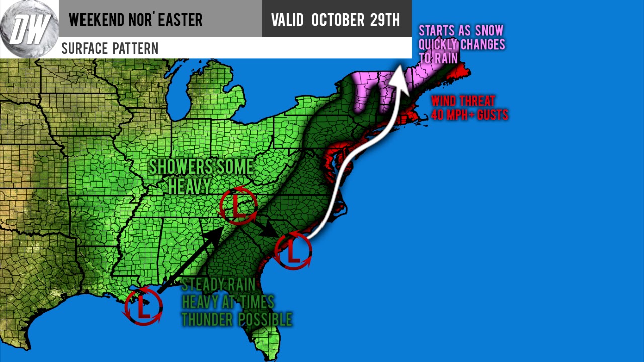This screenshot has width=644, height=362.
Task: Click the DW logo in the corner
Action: pos(29,29)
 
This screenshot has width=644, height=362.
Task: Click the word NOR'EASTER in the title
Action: pos(169,20)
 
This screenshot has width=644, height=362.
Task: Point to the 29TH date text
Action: pos(386,20)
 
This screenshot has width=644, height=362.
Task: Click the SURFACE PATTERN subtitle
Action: pos(110,48)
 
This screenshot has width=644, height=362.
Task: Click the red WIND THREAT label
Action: pos(463,101)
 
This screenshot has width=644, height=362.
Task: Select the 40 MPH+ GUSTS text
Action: pos(469,115)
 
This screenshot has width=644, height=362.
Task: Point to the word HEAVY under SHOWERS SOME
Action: pos(189,186)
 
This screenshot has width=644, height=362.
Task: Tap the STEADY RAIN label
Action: pos(218,284)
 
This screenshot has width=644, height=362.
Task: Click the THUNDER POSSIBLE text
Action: pos(236,319)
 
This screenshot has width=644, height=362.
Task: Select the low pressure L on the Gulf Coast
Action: pos(144,306)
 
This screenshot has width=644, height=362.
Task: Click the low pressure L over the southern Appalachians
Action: pos(239,206)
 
